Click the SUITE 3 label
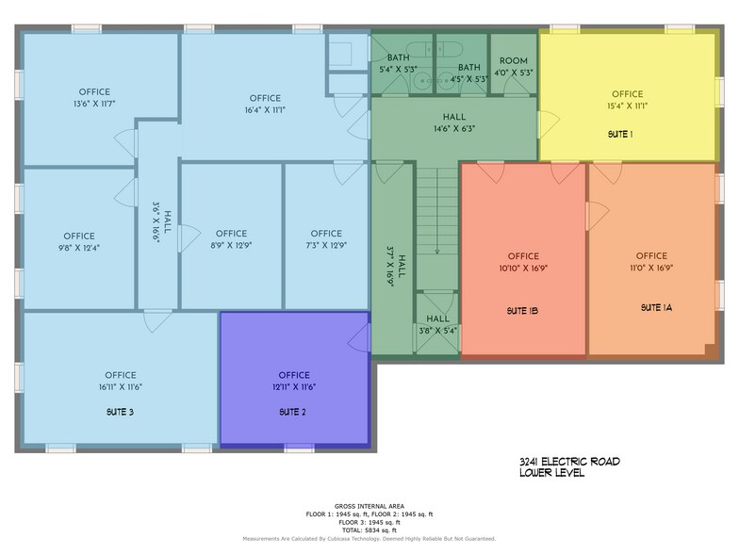121,413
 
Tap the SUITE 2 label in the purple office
293,413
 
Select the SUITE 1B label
522,310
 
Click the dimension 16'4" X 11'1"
266,110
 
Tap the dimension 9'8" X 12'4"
79,248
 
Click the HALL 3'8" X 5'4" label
437,324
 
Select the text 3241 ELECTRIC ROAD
568,461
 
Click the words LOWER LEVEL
551,473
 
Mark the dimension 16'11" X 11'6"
121,387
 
